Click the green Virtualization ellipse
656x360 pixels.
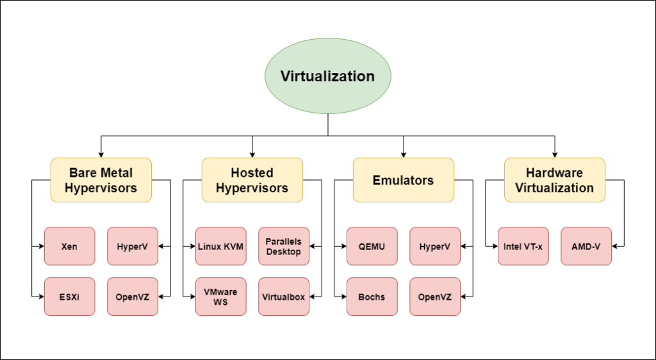tap(327, 76)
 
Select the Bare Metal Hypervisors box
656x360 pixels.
tap(101, 180)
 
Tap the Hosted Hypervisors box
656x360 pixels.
tap(252, 180)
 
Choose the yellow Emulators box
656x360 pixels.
tap(403, 180)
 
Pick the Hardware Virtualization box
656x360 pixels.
tap(554, 180)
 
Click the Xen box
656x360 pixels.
tap(69, 246)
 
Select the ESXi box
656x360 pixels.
tap(69, 296)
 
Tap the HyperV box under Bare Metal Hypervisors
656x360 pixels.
tap(133, 246)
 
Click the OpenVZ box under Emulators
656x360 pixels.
tap(435, 296)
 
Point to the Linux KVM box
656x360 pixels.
tap(220, 246)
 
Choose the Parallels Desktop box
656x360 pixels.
tap(284, 246)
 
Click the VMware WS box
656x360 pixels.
tap(220, 296)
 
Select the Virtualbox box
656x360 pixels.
tap(284, 296)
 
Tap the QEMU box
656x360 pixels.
tap(372, 246)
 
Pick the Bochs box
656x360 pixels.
tap(372, 296)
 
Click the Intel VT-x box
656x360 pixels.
tap(523, 246)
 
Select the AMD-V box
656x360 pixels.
tap(586, 246)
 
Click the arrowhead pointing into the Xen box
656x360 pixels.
tap(41, 246)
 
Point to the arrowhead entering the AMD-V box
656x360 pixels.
tap(615, 246)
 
